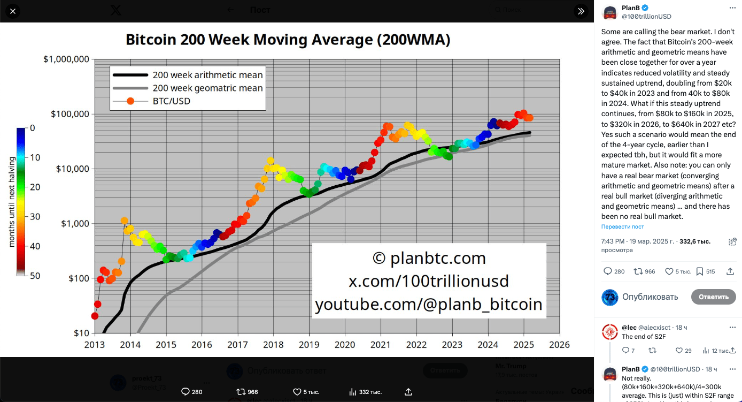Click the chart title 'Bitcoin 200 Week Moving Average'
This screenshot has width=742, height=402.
[x=288, y=40]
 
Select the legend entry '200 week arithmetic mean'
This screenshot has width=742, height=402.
[x=207, y=75]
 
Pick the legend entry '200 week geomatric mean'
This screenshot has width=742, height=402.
[x=207, y=88]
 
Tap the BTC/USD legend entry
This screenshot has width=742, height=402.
[x=171, y=101]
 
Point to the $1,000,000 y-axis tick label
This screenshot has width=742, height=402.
[x=66, y=59]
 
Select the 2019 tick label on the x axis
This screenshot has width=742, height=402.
[x=309, y=345]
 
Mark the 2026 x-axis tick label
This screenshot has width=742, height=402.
[x=559, y=345]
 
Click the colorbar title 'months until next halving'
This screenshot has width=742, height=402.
[x=12, y=202]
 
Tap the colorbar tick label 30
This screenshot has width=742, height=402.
[x=35, y=217]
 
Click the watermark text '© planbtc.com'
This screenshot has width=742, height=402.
[x=429, y=258]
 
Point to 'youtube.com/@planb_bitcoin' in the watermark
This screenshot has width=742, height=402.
[x=429, y=304]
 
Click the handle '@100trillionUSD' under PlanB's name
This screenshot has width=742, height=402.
[x=646, y=17]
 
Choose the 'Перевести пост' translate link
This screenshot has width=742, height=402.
[x=622, y=227]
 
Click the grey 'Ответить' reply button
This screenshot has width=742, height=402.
[x=713, y=297]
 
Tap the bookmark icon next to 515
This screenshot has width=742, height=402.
[x=699, y=271]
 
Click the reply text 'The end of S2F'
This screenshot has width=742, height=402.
[x=644, y=337]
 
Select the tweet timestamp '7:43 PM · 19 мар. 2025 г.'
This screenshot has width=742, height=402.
[x=638, y=241]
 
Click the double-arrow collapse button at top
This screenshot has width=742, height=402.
[x=580, y=11]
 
